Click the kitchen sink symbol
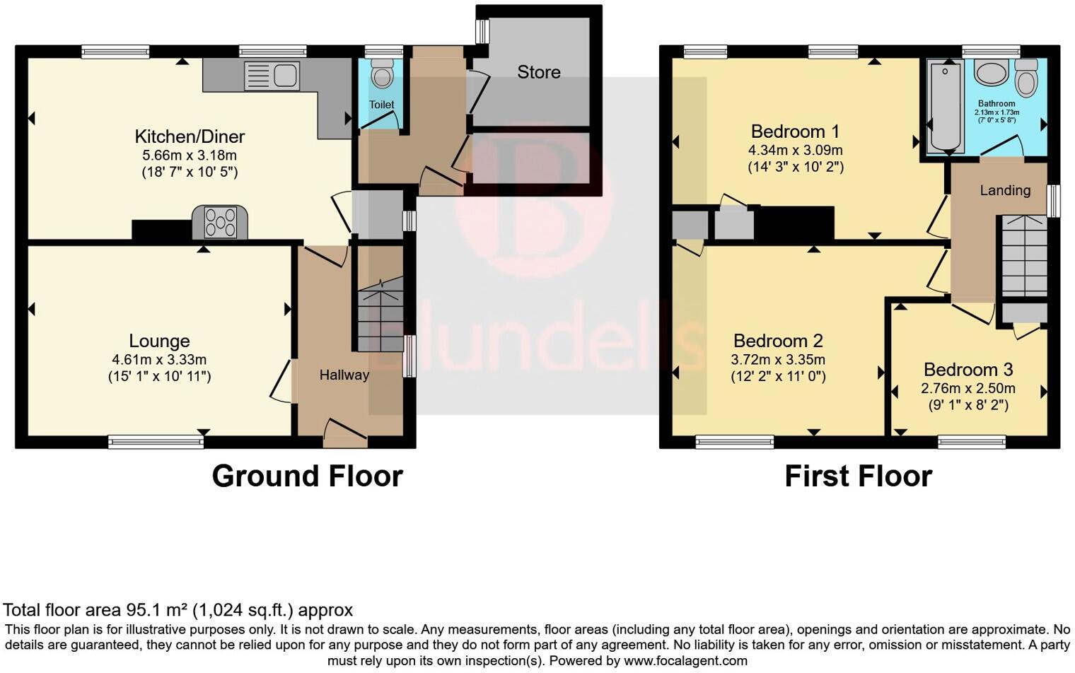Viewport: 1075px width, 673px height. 272,76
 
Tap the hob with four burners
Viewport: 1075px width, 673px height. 220,223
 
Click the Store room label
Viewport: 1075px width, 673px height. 538,72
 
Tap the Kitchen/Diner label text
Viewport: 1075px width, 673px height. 190,136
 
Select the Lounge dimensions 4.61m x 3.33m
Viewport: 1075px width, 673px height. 159,360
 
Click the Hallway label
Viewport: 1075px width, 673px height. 344,375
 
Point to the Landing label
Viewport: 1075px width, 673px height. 1004,190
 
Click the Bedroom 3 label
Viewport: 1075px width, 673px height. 967,370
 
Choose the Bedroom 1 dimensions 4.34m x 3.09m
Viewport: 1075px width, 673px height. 795,150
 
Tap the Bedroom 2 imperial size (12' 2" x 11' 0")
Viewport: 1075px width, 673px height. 778,377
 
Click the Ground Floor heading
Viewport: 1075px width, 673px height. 307,476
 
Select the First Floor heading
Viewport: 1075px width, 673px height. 858,476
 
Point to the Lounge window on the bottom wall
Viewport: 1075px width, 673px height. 156,443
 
